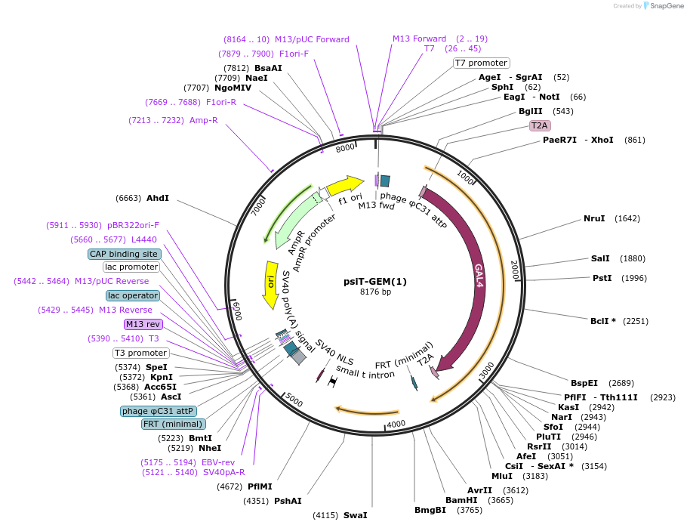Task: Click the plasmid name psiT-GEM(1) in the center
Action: coord(375,282)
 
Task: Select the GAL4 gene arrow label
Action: coord(479,275)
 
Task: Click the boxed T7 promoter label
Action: coord(481,63)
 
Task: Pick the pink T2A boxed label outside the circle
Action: coord(540,125)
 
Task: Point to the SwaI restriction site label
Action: coord(355,515)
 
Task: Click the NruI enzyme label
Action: coord(594,219)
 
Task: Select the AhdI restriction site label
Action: coord(158,198)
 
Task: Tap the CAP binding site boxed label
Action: coord(124,254)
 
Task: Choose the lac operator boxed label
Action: coord(133,295)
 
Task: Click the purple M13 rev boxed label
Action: coord(143,324)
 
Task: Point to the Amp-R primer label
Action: coord(204,120)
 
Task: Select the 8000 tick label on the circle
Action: coord(345,149)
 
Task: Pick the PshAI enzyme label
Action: coord(288,501)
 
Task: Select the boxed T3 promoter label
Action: coord(141,353)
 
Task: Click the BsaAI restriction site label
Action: coord(268,68)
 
